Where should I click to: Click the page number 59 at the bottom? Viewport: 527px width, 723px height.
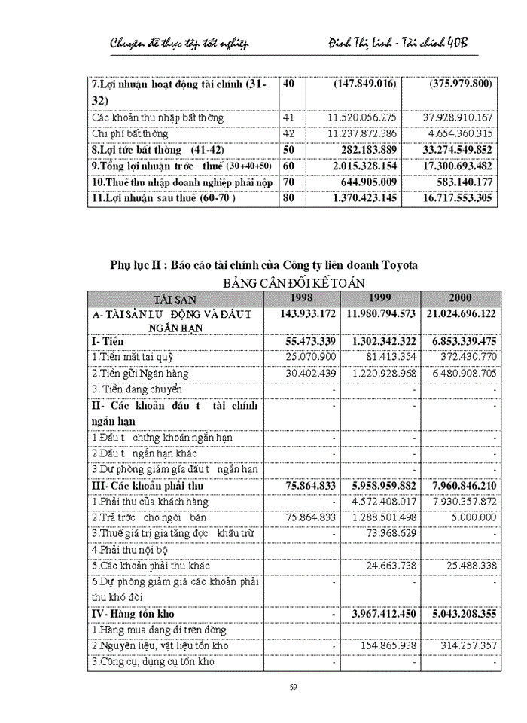(x=294, y=686)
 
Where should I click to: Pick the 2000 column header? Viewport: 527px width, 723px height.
(x=460, y=298)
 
